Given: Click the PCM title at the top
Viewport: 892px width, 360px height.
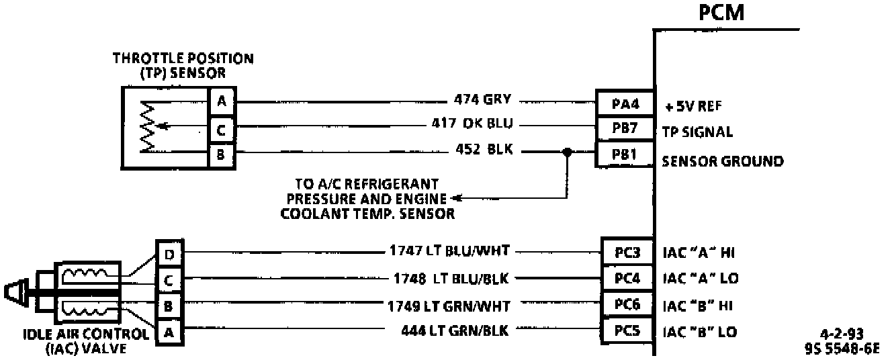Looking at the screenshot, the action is pos(722,13).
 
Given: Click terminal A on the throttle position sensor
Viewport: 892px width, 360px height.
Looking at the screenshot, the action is pos(220,102).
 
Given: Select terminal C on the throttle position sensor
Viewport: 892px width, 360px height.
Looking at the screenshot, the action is pos(220,128).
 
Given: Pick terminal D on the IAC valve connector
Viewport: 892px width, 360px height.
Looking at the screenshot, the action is pos(168,254).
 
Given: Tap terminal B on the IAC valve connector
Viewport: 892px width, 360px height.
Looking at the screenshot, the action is pos(168,304).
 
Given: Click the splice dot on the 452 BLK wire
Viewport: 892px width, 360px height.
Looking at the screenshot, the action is pos(568,152).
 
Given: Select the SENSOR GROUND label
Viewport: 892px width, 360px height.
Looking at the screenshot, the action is pos(723,161).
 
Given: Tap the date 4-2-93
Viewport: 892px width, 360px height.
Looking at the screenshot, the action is pos(842,333).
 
